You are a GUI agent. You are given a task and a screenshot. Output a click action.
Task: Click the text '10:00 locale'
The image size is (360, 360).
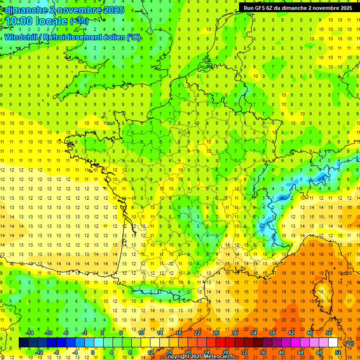click(37, 22)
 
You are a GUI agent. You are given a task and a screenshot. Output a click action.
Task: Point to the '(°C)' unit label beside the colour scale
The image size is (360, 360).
click(349, 343)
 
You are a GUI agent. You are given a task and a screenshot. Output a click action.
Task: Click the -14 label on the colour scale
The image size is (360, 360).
click(30, 333)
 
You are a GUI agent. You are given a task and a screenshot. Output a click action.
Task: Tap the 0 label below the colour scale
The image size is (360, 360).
click(93, 352)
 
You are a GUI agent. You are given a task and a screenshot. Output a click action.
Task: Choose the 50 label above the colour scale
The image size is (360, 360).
click(329, 333)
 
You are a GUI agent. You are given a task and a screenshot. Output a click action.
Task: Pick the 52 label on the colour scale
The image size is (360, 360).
click(338, 352)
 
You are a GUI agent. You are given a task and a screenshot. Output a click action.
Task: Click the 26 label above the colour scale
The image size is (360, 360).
click(216, 333)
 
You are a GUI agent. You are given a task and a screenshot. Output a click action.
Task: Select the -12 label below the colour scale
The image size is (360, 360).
click(39, 352)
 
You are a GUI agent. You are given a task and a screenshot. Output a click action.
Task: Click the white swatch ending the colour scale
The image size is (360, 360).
click(333, 343)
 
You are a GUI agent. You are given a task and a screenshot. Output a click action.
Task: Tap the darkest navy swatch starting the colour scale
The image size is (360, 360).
click(23, 343)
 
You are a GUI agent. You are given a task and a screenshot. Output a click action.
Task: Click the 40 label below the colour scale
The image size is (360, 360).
click(281, 352)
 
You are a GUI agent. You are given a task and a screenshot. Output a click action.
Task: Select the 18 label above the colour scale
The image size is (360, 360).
click(178, 333)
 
